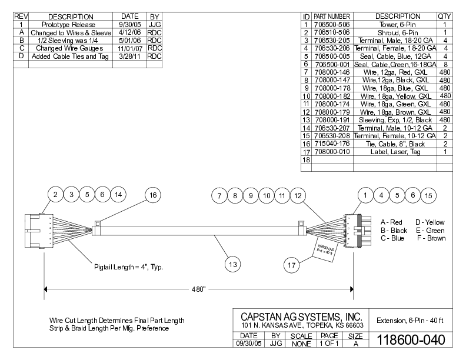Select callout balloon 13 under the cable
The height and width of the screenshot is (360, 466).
[234, 265]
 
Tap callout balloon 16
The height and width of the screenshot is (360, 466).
[153, 195]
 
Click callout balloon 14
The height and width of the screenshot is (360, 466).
[118, 195]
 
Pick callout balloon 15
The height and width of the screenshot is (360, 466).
[428, 195]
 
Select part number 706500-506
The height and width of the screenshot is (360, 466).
[332, 24]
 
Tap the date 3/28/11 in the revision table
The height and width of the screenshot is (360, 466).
[129, 56]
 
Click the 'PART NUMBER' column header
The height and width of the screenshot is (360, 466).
[332, 16]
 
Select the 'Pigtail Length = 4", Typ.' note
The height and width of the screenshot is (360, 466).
[128, 267]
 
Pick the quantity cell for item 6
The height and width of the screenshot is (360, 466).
[445, 64]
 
